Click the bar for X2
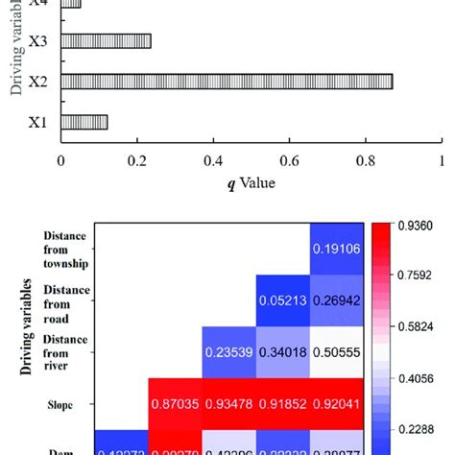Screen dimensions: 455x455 click(227, 82)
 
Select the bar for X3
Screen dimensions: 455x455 click(106, 41)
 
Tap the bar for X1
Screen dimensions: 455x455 click(84, 122)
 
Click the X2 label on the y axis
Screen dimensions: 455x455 click(38, 82)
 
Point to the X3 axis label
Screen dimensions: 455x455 click(38, 41)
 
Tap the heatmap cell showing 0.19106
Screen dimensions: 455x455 click(336, 248)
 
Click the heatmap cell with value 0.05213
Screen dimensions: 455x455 click(282, 300)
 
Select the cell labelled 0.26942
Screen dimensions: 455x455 click(336, 300)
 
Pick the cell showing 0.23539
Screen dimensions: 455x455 click(227, 351)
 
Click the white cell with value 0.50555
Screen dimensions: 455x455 click(336, 351)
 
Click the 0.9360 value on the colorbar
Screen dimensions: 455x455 click(416, 226)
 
